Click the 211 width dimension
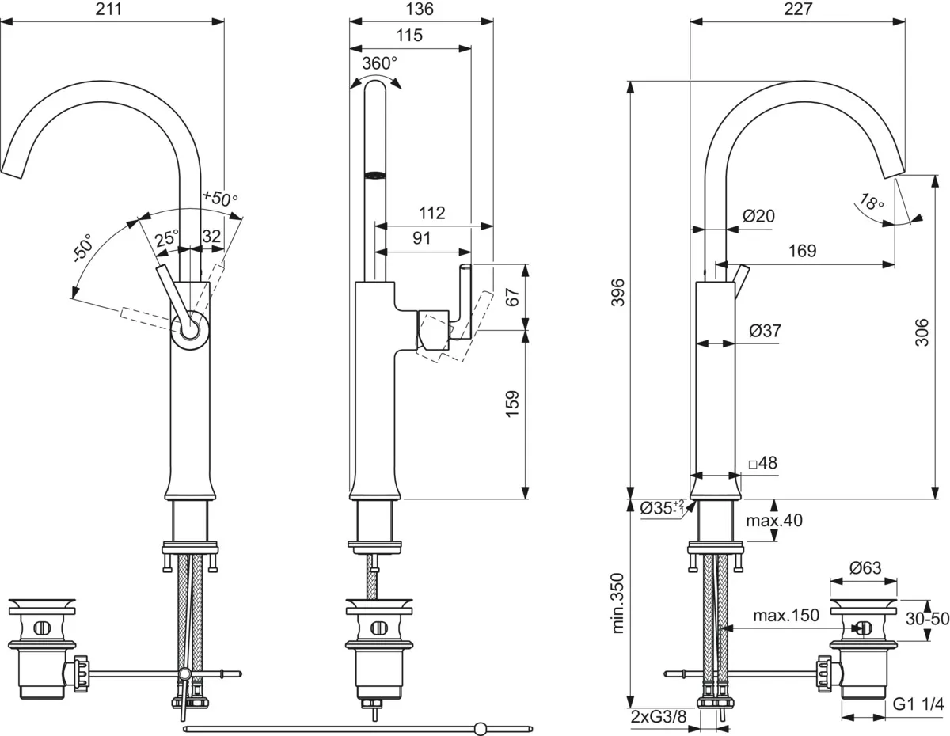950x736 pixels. (x=112, y=11)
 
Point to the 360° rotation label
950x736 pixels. (x=379, y=63)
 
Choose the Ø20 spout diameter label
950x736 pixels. (x=758, y=214)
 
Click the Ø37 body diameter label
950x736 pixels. (x=762, y=331)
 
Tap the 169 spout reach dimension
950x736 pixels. (x=801, y=250)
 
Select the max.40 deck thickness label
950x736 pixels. (x=774, y=520)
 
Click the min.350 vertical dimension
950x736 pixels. (x=619, y=605)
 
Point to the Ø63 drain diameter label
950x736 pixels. (x=864, y=567)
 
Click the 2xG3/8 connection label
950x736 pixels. (x=659, y=717)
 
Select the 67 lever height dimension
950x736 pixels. (x=513, y=298)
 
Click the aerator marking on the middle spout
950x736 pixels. (x=374, y=173)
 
